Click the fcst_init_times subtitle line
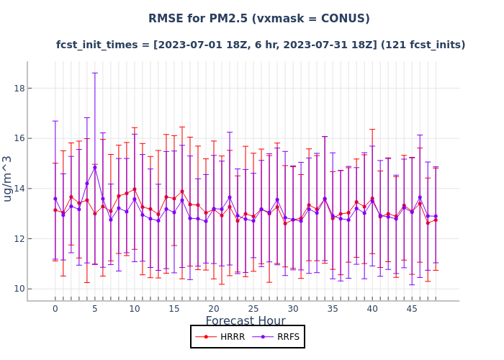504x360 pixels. tap(261, 45)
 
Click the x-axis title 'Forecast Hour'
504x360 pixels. tap(246, 321)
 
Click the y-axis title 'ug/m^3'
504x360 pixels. tap(8, 179)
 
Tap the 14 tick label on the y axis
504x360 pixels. tap(19, 189)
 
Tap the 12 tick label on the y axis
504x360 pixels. tap(19, 239)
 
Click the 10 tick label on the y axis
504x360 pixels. tap(19, 289)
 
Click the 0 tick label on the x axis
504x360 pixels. tap(55, 309)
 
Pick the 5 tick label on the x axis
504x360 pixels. tap(95, 309)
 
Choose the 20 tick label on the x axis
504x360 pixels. tap(214, 309)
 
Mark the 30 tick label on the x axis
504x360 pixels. tap(293, 309)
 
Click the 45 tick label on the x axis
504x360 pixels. tap(412, 309)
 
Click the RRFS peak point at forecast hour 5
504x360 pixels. tap(95, 168)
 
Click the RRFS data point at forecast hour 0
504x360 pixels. tap(55, 199)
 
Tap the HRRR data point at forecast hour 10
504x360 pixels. tap(135, 189)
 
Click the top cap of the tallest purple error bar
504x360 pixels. tap(95, 73)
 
